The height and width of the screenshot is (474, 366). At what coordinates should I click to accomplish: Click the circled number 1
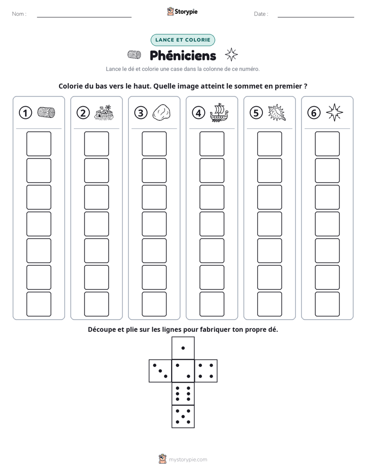pos(25,113)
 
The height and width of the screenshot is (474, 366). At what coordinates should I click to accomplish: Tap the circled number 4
pos(198,113)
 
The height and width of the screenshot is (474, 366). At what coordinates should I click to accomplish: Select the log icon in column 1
pos(46,112)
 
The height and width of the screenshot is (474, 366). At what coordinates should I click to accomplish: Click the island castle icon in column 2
pos(104,113)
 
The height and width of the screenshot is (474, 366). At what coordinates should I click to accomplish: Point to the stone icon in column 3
pos(161,113)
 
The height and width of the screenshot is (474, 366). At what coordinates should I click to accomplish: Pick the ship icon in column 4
pos(219,112)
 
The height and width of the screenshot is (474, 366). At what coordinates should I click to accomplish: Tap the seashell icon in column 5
pos(277,113)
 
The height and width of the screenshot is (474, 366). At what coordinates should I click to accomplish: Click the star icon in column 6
pos(335,112)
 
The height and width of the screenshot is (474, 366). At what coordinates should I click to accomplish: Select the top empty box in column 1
pos(38,144)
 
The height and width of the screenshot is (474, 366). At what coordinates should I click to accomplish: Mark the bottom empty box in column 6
pos(328,304)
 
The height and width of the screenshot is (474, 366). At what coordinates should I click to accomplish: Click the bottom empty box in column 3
pos(154,304)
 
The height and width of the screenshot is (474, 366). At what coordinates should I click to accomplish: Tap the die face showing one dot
pos(183,348)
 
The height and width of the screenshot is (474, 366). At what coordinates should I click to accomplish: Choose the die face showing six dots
pos(183,393)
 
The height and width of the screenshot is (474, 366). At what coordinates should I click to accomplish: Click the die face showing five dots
pos(183,417)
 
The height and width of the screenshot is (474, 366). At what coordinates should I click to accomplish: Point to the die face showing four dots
pos(206,371)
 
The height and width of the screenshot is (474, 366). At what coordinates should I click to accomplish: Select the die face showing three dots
pos(160,371)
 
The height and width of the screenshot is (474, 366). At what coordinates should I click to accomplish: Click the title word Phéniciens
pos(183,55)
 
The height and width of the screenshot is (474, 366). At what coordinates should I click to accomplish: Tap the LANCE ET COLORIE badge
pos(183,40)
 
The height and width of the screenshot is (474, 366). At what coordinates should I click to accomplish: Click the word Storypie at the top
pos(186,12)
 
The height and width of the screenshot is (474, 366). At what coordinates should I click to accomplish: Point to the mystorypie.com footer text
pos(188,460)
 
